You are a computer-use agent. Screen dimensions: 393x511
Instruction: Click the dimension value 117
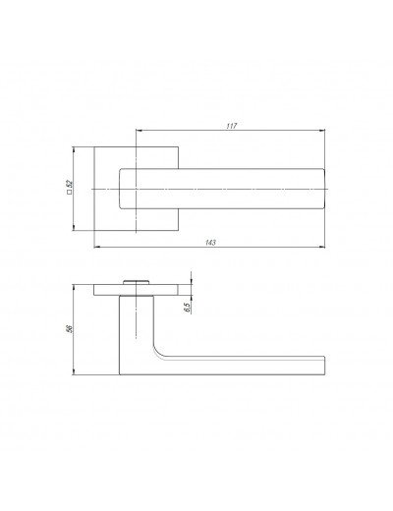click(232, 126)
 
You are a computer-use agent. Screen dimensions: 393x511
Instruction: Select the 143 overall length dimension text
click(210, 243)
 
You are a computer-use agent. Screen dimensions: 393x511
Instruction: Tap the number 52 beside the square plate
click(69, 184)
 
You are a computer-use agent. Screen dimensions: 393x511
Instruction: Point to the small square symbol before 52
click(69, 193)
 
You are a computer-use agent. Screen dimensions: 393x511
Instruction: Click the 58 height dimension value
click(69, 329)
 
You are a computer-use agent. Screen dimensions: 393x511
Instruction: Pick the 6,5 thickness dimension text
click(188, 308)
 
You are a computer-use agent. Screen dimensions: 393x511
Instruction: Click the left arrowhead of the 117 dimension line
click(140, 131)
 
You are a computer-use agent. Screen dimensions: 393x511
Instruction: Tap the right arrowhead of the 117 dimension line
click(321, 131)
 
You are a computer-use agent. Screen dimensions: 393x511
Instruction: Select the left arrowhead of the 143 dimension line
click(97, 247)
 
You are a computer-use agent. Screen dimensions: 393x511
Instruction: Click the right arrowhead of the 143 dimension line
click(321, 247)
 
